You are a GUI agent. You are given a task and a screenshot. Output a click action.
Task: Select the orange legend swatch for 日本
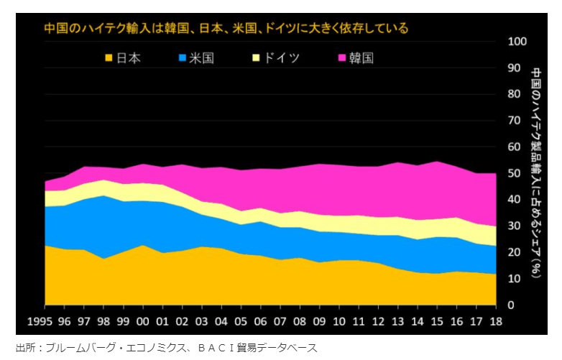(x=109, y=57)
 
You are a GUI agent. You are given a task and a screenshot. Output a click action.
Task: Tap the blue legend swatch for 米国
(x=183, y=57)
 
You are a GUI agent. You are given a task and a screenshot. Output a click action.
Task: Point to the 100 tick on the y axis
(x=518, y=41)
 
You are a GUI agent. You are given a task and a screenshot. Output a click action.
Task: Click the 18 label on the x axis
(x=496, y=321)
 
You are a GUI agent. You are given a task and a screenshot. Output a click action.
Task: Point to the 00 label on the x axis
(x=143, y=321)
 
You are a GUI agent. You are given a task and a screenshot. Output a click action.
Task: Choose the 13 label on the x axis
(x=398, y=321)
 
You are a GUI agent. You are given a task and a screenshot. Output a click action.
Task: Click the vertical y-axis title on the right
(x=537, y=173)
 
